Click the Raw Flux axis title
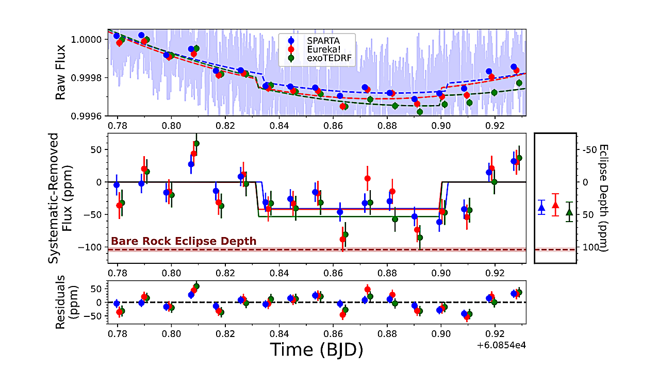pyautogui.click(x=61, y=73)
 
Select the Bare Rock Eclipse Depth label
pyautogui.click(x=184, y=241)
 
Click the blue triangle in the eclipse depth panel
pyautogui.click(x=541, y=208)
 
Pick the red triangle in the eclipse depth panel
pyautogui.click(x=555, y=205)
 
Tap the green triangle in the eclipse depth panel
pyautogui.click(x=569, y=212)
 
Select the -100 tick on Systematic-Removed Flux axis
pyautogui.click(x=93, y=247)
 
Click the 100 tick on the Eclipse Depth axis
pyautogui.click(x=585, y=247)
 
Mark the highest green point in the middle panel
pyautogui.click(x=196, y=144)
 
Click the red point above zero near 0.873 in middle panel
pyautogui.click(x=368, y=178)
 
